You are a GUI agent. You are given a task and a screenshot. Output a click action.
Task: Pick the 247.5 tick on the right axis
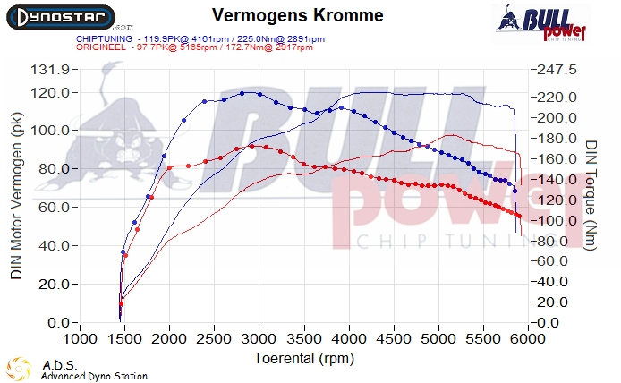[x=556, y=70]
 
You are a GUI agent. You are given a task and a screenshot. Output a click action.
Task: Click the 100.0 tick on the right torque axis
[x=556, y=220]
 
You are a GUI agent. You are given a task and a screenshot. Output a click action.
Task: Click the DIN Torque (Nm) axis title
[x=591, y=195]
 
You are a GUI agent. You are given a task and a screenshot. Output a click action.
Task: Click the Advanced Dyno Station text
[x=94, y=377]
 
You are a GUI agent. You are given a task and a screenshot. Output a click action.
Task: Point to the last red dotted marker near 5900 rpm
[x=520, y=216]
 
